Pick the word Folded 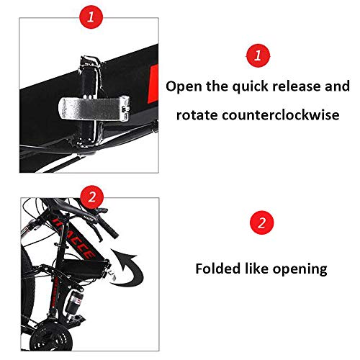[x=217, y=268]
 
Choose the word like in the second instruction [x=256, y=268]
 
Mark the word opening [x=300, y=269]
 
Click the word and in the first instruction [x=337, y=86]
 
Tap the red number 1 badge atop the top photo [x=91, y=17]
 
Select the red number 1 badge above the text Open [x=258, y=55]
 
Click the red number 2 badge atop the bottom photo [x=92, y=197]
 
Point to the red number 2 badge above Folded [x=261, y=222]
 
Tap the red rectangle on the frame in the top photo [x=153, y=84]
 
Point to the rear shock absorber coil [x=75, y=301]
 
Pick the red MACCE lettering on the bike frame [x=74, y=238]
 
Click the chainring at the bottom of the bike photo [x=51, y=337]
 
